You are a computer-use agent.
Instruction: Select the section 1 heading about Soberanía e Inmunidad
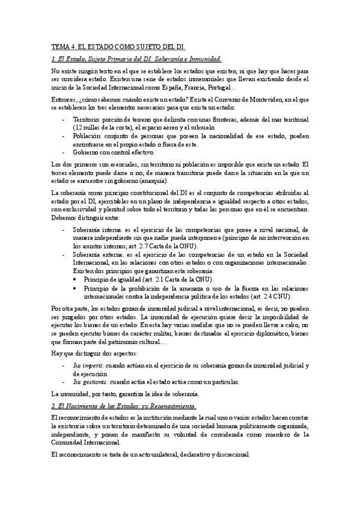click(136, 59)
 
